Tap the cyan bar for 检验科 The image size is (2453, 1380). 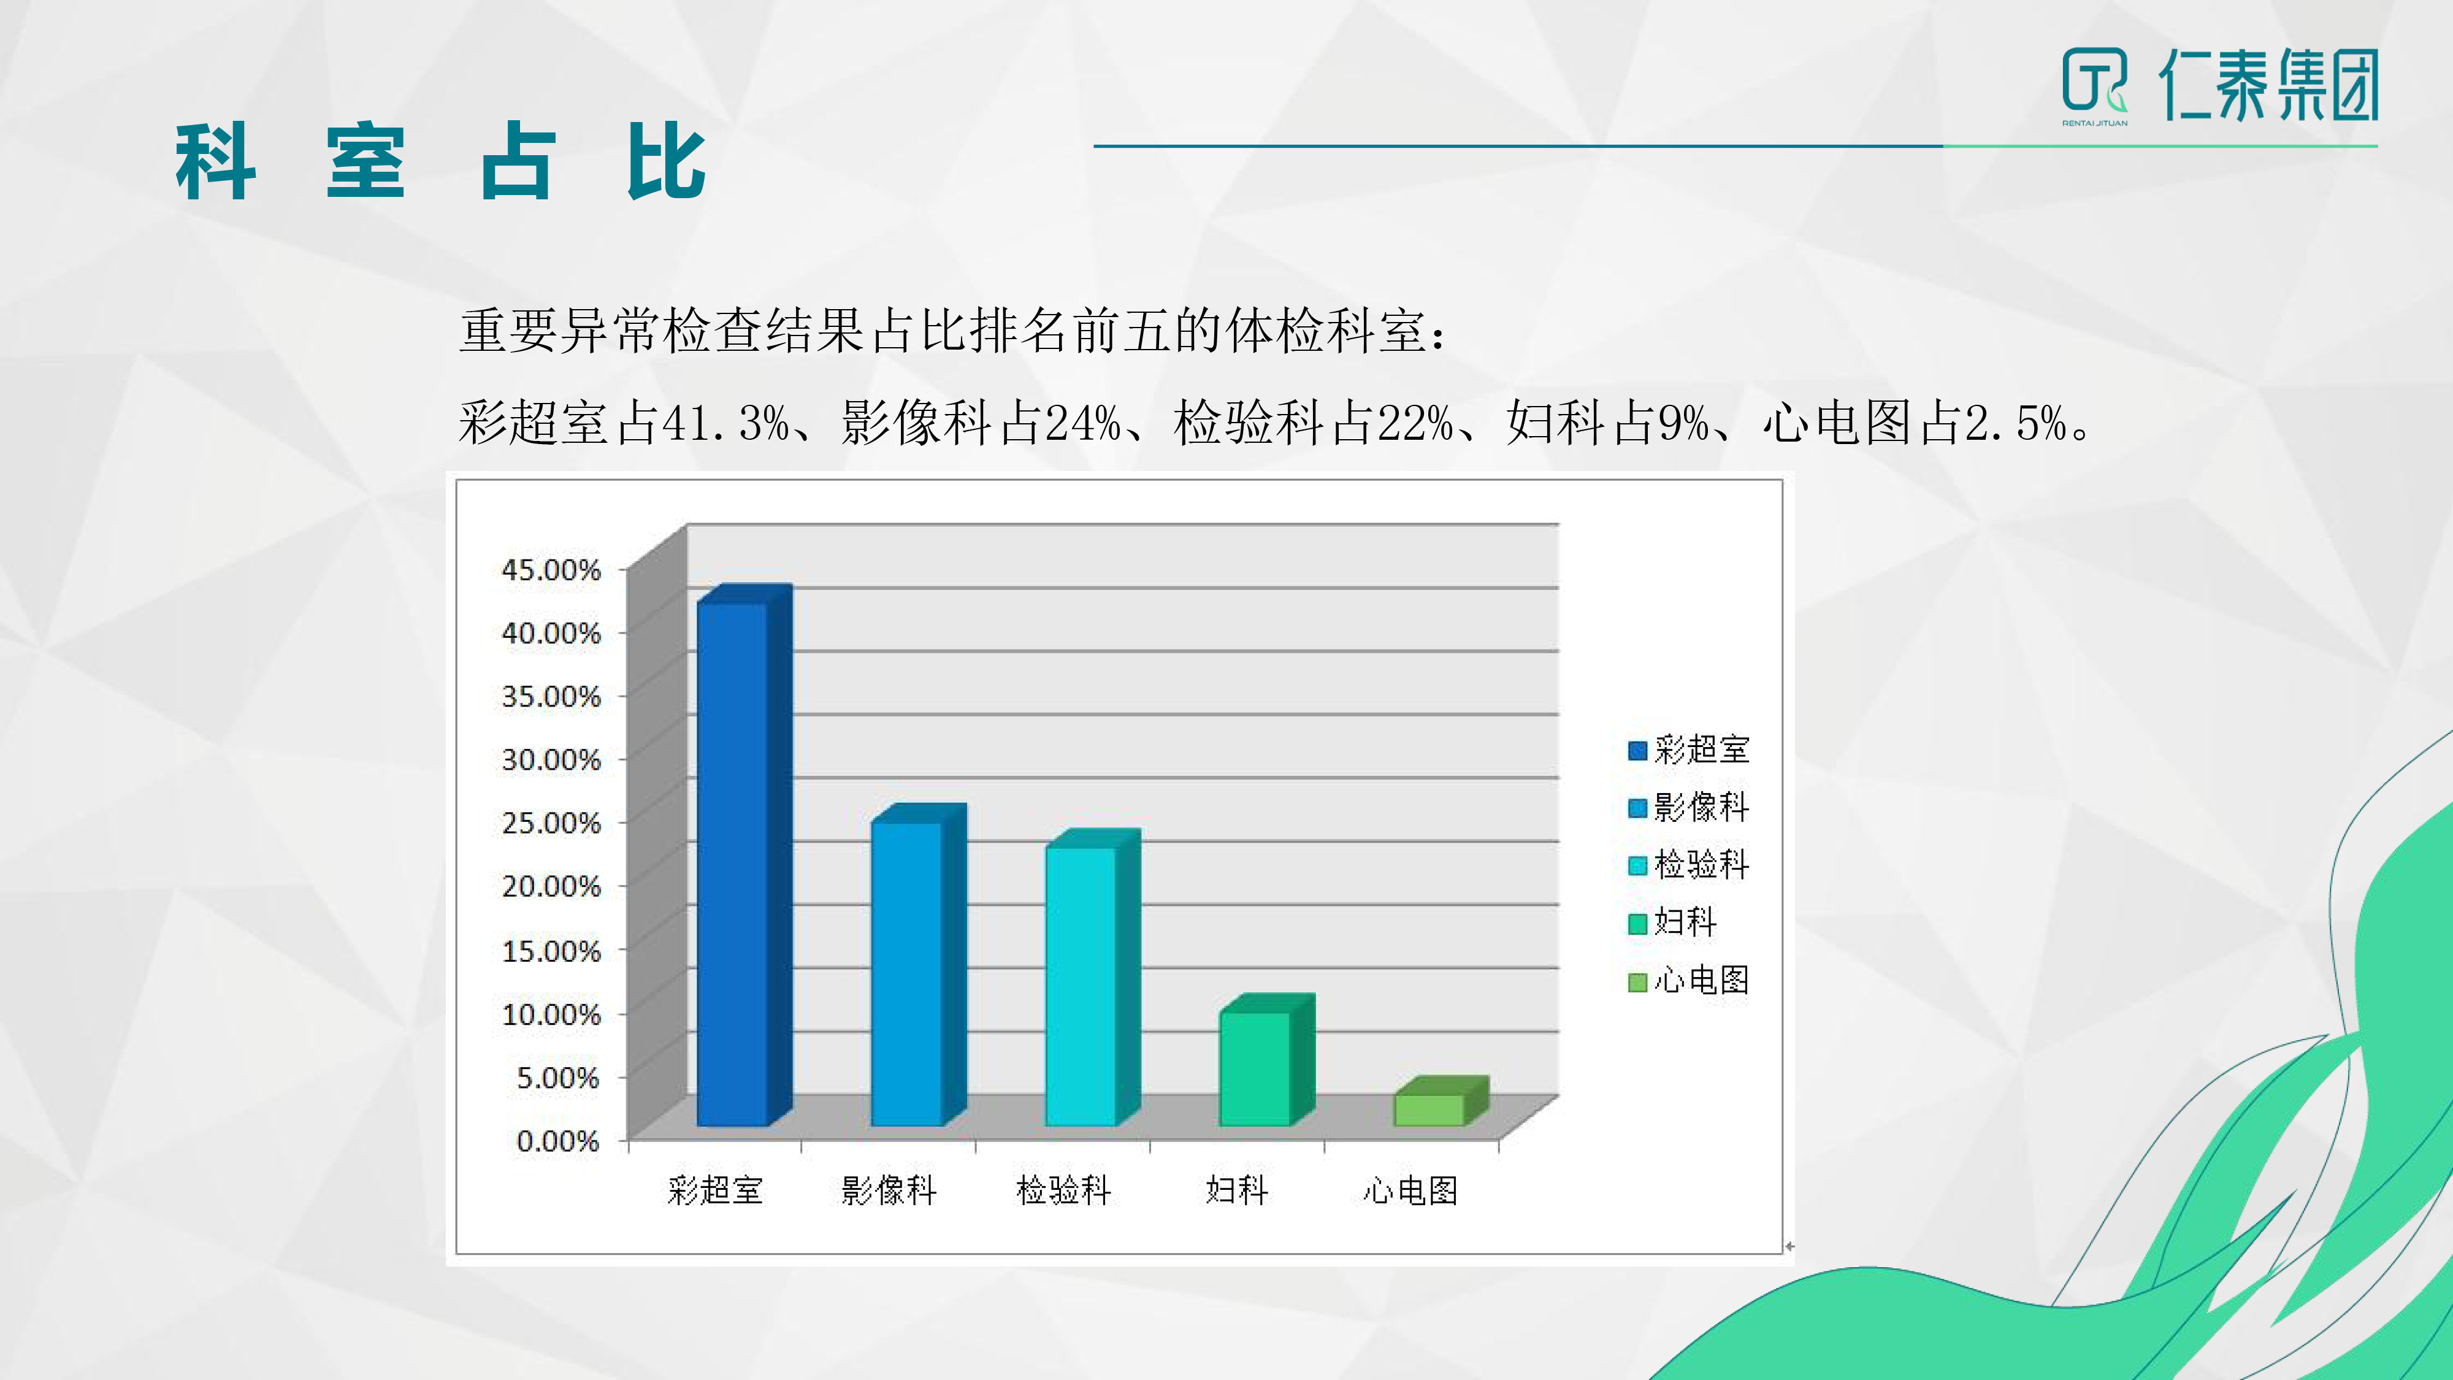tap(1092, 978)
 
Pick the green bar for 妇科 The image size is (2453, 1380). tap(1266, 1060)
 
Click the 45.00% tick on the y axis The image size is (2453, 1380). tap(551, 570)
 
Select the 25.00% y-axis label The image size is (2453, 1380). tap(551, 823)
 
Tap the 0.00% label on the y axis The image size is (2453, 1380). tap(558, 1140)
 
